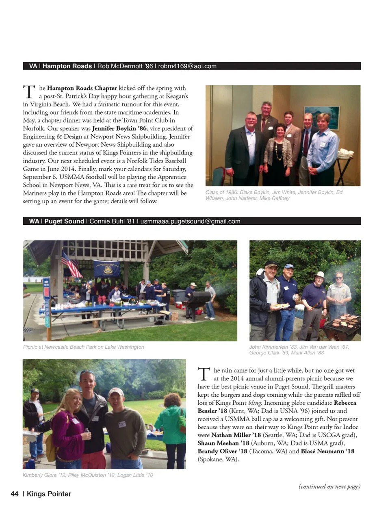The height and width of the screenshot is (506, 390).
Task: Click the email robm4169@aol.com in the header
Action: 187,66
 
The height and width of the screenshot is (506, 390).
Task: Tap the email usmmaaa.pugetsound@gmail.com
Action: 190,222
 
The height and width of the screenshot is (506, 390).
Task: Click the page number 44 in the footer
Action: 15,494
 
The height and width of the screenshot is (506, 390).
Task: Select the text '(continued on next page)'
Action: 329,486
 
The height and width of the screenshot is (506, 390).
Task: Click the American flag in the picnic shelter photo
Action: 71,264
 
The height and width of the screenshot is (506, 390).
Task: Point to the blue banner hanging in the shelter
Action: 106,269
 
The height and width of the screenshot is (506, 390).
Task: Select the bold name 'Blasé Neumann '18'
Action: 327,452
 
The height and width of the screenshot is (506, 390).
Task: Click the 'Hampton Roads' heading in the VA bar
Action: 67,66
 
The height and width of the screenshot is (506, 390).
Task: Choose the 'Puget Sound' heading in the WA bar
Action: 64,222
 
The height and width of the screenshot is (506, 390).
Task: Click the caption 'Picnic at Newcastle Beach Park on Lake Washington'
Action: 84,347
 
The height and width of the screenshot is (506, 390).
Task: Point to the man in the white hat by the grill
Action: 318,297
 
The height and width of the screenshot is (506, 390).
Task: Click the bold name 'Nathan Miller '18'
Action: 236,435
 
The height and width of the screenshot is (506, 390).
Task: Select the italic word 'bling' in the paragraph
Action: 254,403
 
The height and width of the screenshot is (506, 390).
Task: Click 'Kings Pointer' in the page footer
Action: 49,494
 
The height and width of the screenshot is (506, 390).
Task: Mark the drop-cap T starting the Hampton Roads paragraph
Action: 29,92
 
